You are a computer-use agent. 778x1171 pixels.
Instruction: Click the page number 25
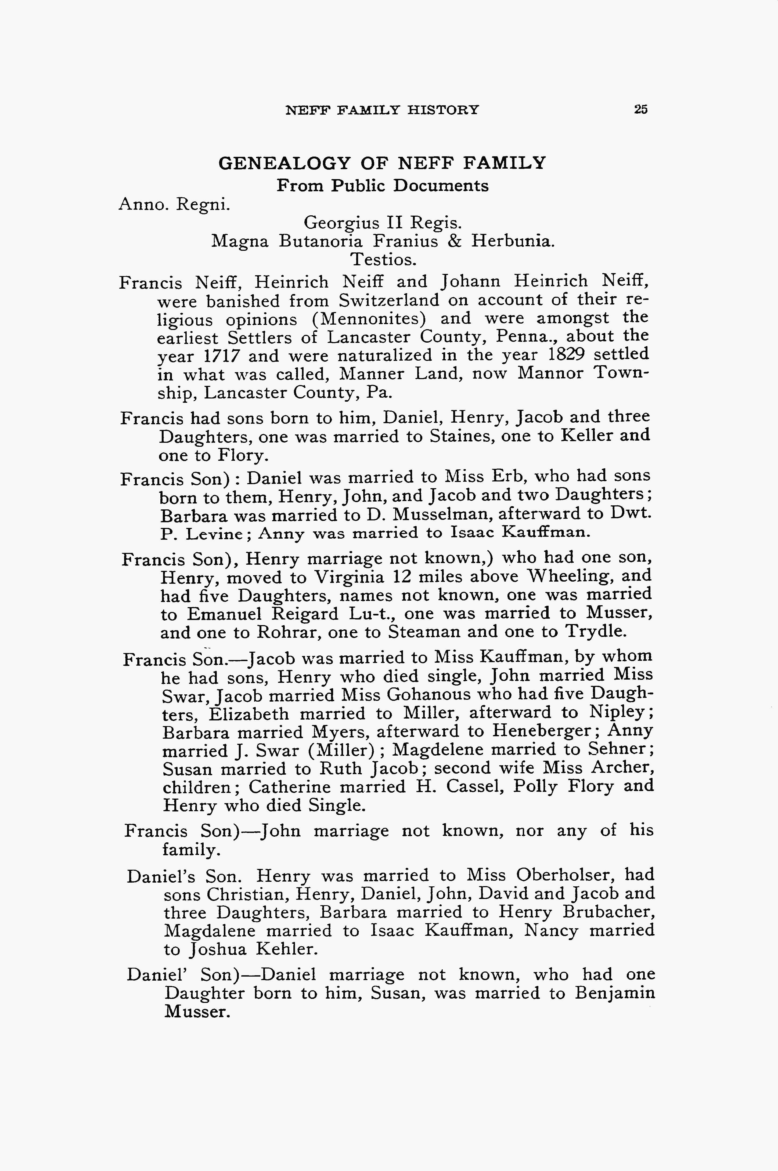[640, 110]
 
